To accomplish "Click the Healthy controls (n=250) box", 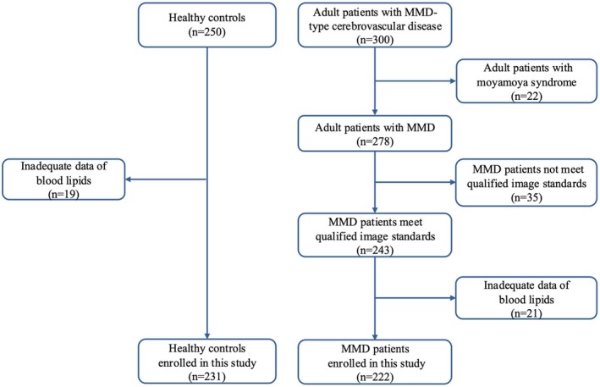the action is point(207,25).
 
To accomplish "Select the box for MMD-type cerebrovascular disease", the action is point(375,25).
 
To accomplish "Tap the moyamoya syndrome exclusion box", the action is point(526,80).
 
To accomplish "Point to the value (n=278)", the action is point(375,141).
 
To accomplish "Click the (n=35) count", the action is point(526,197).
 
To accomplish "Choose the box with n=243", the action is point(375,235).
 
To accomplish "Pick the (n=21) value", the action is point(526,313).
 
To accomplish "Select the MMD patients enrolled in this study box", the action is point(375,362).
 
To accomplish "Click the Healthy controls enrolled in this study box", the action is point(207,362).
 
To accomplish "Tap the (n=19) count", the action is point(63,195).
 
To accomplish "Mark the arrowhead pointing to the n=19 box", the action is point(128,180).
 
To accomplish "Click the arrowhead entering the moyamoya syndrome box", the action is point(453,81).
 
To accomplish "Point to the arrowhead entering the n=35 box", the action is point(453,182).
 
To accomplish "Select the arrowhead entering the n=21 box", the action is point(453,298).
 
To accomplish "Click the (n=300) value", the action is point(375,40).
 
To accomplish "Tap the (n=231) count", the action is point(207,377).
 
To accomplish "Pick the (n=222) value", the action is point(375,378).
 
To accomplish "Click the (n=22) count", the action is point(526,96).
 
